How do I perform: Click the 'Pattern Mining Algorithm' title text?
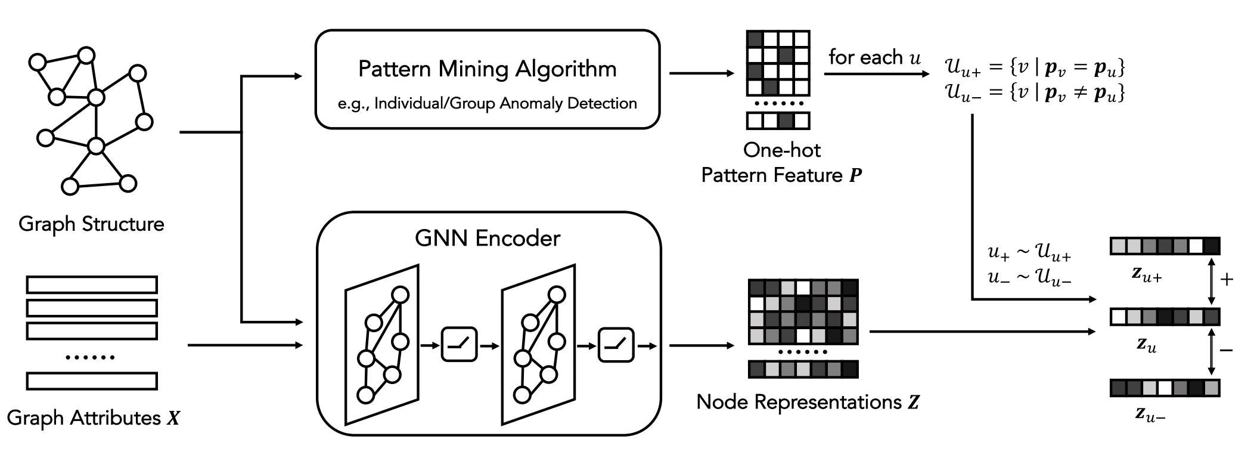tap(487, 69)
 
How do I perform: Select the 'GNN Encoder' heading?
tap(487, 239)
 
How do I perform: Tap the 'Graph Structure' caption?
tap(91, 224)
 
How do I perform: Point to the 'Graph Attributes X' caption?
tap(93, 418)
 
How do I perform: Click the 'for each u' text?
tap(874, 58)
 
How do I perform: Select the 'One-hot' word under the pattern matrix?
tap(781, 150)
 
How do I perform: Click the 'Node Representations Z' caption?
tap(808, 402)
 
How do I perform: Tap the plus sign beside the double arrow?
tap(1227, 279)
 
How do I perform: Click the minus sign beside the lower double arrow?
tap(1227, 350)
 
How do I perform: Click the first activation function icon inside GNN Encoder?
tap(459, 344)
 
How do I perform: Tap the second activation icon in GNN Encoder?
tap(616, 344)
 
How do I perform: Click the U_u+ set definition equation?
tap(1035, 67)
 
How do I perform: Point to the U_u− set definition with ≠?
tap(1035, 93)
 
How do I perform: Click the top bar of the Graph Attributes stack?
tap(92, 284)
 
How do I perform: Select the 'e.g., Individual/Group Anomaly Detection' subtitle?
tap(487, 104)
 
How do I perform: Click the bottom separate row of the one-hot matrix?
tap(778, 120)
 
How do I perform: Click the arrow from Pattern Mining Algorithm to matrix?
tap(702, 73)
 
